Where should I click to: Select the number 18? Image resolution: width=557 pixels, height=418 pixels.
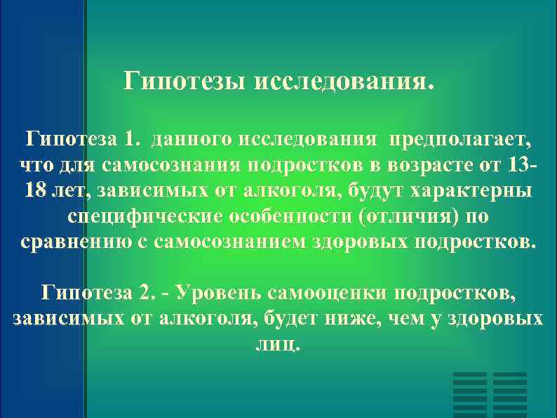36,191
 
